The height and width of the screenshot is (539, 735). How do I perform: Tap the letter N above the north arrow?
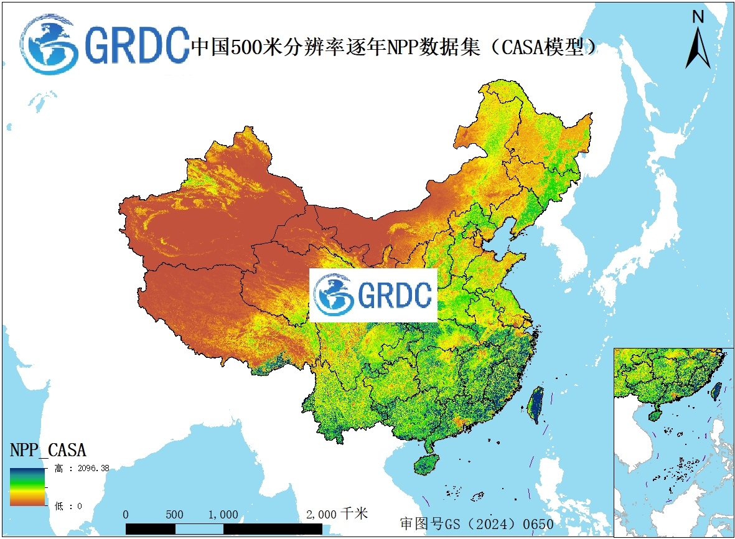(x=698, y=17)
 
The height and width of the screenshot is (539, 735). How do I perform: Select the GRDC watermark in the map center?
(x=373, y=296)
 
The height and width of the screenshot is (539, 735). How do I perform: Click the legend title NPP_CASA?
(x=48, y=449)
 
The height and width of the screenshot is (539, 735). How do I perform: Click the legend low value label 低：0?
(x=68, y=506)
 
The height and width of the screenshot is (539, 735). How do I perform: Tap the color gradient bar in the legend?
(x=27, y=486)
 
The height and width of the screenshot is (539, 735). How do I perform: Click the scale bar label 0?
(x=126, y=515)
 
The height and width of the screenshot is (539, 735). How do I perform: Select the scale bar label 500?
(x=175, y=515)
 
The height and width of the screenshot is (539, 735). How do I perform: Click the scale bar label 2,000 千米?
(x=337, y=514)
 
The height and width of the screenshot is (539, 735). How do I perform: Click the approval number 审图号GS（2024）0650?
(x=477, y=524)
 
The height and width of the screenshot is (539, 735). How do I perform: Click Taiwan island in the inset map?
(x=716, y=391)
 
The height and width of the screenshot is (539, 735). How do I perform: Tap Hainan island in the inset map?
(x=656, y=413)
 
